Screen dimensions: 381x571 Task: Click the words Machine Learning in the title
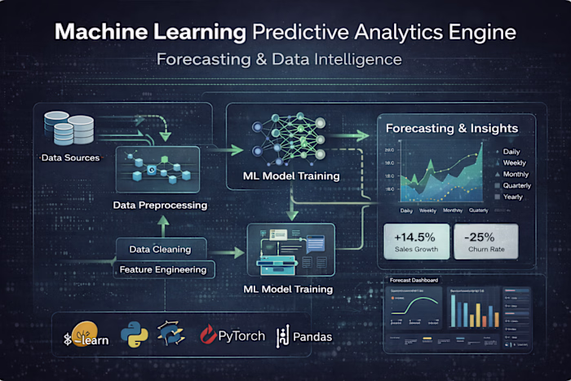click(x=150, y=33)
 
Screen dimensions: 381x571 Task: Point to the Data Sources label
click(x=70, y=157)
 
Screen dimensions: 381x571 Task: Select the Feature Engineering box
click(x=162, y=269)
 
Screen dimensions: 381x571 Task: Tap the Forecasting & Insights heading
click(x=450, y=128)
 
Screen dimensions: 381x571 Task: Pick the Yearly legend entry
click(x=511, y=197)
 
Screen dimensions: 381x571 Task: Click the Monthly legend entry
click(x=514, y=174)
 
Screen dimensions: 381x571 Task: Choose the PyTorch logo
click(x=232, y=335)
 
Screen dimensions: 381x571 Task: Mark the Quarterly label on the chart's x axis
click(x=479, y=210)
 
